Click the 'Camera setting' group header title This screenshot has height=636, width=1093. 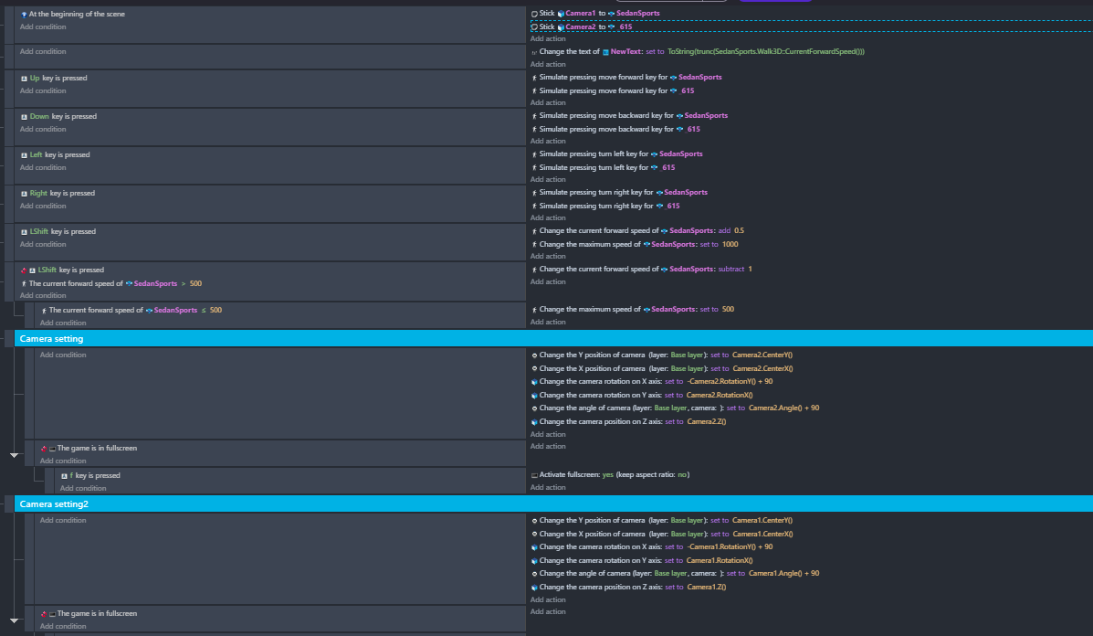click(x=51, y=339)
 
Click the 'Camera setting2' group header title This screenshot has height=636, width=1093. click(x=54, y=504)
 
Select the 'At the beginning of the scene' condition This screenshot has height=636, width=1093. click(x=77, y=14)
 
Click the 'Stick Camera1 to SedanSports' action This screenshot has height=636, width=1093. click(x=600, y=13)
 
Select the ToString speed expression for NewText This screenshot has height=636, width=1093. click(x=766, y=51)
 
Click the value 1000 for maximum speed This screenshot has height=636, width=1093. click(x=730, y=244)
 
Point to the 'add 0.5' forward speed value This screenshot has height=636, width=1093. click(x=731, y=231)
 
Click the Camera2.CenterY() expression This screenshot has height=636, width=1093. click(x=762, y=355)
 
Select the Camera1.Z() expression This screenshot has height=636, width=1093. click(x=707, y=588)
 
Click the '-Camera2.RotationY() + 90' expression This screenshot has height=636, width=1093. click(x=730, y=381)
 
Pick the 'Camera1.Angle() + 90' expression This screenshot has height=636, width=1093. click(x=784, y=573)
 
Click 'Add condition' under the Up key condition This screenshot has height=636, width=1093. click(x=43, y=91)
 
